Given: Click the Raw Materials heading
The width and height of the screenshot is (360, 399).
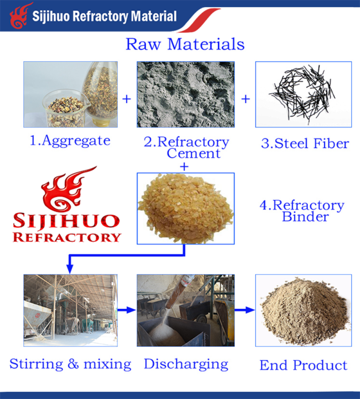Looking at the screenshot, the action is coord(185,44).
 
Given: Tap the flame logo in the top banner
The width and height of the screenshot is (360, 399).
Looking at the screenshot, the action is coord(21,16).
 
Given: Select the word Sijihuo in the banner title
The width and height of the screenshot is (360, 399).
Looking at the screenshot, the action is coord(50,17).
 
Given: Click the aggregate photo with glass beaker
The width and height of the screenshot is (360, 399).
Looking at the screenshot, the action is coord(70,95).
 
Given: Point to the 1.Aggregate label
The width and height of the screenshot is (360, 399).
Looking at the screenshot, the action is coord(70,141).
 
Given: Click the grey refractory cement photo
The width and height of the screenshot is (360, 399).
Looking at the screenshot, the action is coord(186,95).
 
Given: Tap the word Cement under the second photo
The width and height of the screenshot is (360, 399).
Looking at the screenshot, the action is coord(193,153).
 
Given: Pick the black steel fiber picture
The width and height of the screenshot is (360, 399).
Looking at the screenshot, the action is coord(304,95).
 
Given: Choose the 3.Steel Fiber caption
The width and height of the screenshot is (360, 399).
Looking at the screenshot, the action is coord(305,143).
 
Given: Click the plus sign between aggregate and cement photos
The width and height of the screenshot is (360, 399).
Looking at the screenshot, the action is coord(127,99).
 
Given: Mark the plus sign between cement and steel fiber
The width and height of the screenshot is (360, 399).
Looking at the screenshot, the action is coord(246,99).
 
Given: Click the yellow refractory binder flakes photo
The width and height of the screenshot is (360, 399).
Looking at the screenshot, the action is coord(186,209).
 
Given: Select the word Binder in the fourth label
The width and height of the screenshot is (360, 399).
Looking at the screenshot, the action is coord(305,217).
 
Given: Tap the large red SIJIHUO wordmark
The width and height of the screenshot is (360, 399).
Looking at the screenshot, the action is coord(66,221).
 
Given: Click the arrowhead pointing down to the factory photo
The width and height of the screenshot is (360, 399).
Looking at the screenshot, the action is coord(70,269).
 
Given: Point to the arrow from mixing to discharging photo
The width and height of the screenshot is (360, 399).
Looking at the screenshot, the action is coord(126,310).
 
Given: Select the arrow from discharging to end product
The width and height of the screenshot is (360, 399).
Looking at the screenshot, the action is coord(245,310).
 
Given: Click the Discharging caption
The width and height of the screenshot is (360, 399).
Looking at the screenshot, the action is coord(186,364).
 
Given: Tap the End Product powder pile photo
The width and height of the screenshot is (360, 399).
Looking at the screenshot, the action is coord(304,310).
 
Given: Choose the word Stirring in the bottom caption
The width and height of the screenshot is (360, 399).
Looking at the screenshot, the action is coord(37,364).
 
